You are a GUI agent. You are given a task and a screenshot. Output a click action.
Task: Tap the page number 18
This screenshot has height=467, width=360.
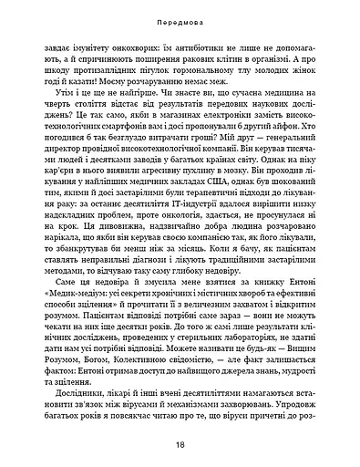(180, 448)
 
